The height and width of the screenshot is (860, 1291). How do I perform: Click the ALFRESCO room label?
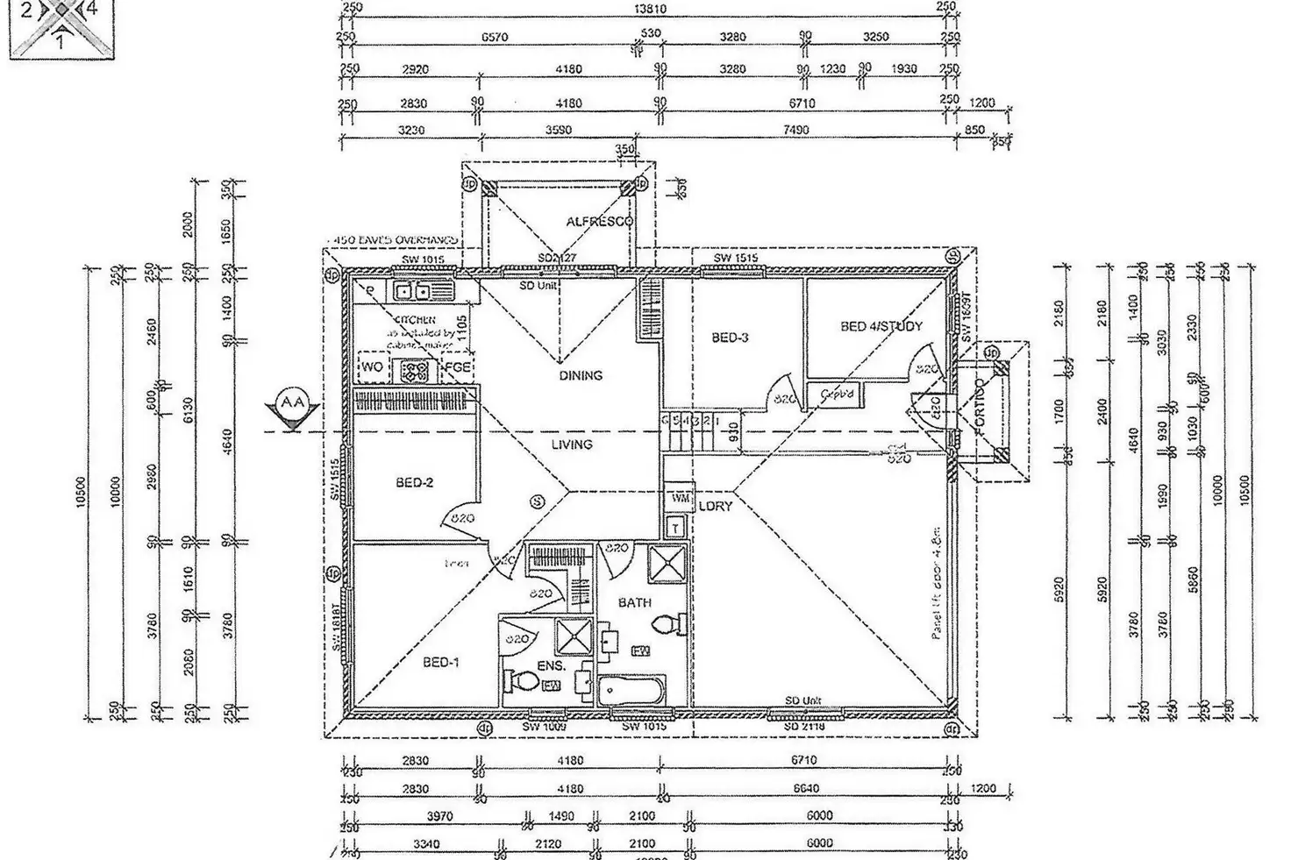(x=599, y=222)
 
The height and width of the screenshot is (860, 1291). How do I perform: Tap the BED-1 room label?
(x=440, y=663)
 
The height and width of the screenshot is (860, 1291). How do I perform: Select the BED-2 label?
(x=414, y=483)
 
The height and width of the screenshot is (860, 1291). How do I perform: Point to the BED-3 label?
(x=730, y=338)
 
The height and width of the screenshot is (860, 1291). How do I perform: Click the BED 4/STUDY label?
(x=881, y=327)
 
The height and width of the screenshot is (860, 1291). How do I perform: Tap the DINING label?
(x=581, y=375)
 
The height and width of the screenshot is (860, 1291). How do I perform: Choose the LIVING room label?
(x=572, y=444)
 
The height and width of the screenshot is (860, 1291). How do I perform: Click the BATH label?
(x=634, y=603)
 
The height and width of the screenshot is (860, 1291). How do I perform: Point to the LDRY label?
(x=716, y=507)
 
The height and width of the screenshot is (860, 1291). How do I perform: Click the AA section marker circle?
(x=292, y=403)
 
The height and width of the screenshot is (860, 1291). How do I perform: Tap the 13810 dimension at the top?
(x=650, y=9)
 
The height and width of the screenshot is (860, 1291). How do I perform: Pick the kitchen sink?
(x=411, y=291)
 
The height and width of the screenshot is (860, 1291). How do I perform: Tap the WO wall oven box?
(x=373, y=367)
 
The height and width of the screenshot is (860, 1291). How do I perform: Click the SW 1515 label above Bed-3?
(x=735, y=259)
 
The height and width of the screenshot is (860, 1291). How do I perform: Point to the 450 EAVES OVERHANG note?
(x=392, y=239)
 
